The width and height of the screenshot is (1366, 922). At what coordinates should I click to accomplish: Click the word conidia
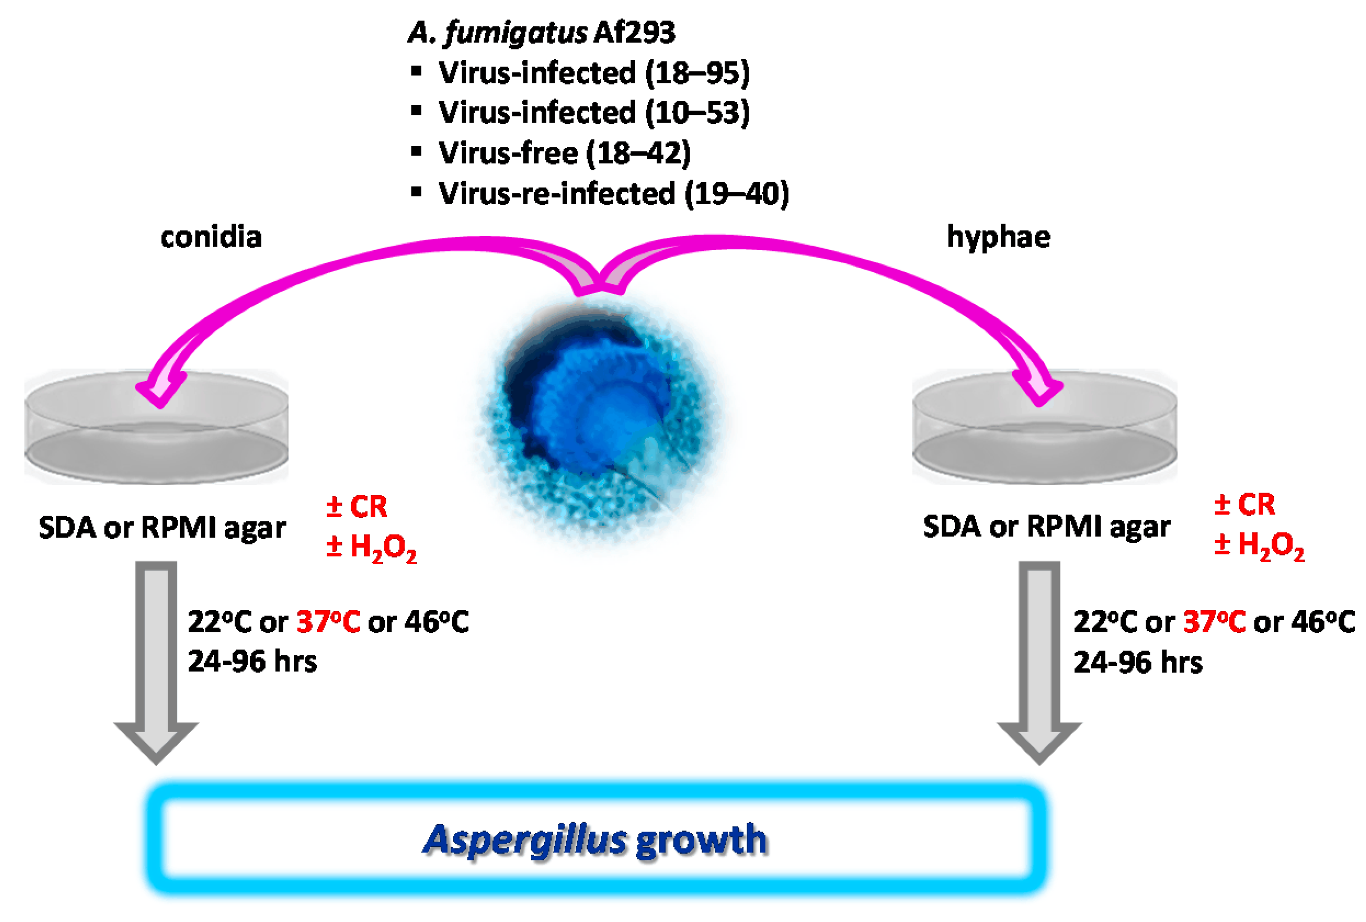tap(211, 237)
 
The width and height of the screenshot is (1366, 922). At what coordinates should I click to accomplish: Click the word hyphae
tap(998, 237)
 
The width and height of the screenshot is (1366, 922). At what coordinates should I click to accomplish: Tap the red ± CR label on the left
tap(357, 507)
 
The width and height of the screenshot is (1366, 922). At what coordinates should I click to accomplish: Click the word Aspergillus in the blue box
tap(525, 840)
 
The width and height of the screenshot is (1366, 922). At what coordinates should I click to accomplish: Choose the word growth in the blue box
tap(701, 840)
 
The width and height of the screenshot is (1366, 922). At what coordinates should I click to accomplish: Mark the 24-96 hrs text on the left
tap(252, 662)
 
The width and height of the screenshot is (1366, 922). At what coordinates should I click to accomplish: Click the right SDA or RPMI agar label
tap(1046, 527)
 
